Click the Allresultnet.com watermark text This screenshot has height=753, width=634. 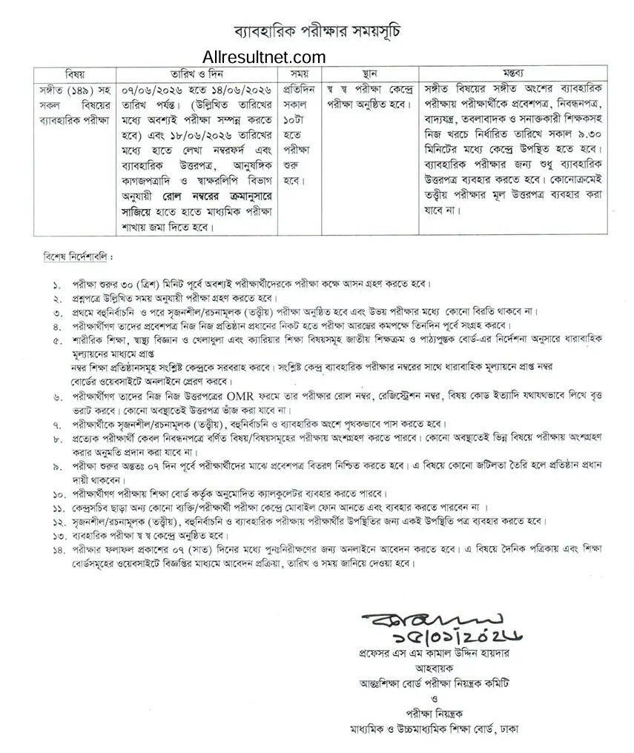pos(263,57)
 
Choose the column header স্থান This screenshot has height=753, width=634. pos(370,74)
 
